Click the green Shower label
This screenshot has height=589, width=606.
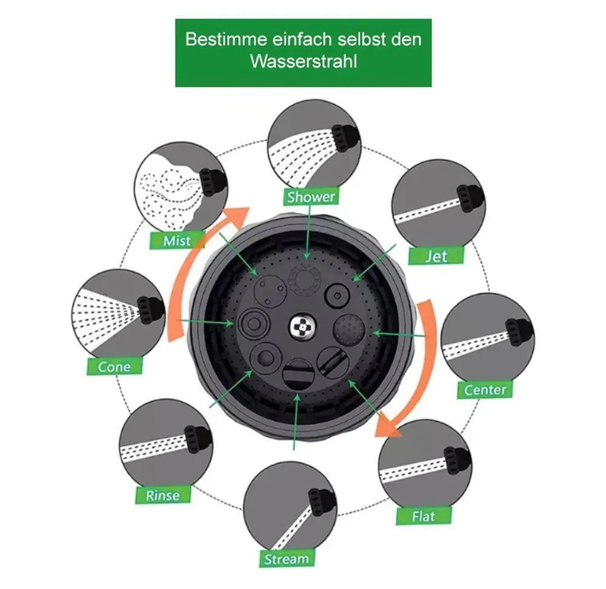tap(311, 196)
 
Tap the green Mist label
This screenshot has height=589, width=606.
tap(177, 241)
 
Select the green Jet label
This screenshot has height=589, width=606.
tap(436, 255)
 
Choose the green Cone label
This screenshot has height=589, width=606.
tap(114, 366)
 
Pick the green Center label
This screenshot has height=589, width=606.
tap(485, 389)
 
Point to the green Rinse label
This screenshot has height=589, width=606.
tap(163, 495)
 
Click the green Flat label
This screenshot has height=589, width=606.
tap(424, 516)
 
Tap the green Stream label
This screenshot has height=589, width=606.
tap(287, 558)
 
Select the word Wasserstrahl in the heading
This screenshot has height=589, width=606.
tap(304, 62)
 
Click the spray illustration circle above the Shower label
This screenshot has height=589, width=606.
tap(314, 146)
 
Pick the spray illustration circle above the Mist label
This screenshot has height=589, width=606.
tap(181, 189)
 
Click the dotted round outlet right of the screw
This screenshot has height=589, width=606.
tap(349, 330)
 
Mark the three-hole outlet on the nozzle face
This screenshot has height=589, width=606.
tap(270, 290)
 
